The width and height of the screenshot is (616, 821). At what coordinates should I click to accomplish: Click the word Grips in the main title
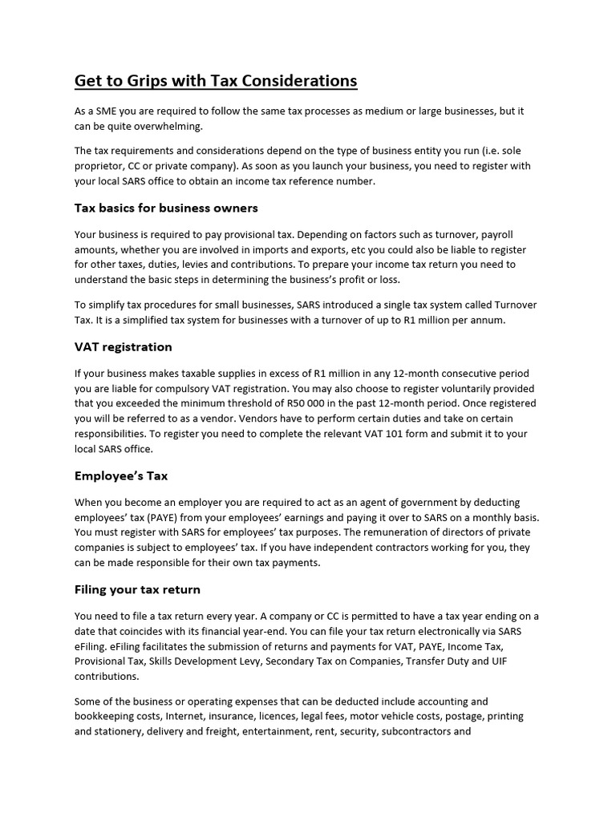[x=148, y=81]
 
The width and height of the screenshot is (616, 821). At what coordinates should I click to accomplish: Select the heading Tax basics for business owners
[x=166, y=208]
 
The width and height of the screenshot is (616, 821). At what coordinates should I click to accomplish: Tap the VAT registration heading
[x=123, y=347]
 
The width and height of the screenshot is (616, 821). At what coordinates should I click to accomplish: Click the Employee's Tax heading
[x=121, y=475]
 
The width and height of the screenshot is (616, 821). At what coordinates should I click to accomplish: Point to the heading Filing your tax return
[x=137, y=589]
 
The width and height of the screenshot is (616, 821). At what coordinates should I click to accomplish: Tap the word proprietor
[x=101, y=166]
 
